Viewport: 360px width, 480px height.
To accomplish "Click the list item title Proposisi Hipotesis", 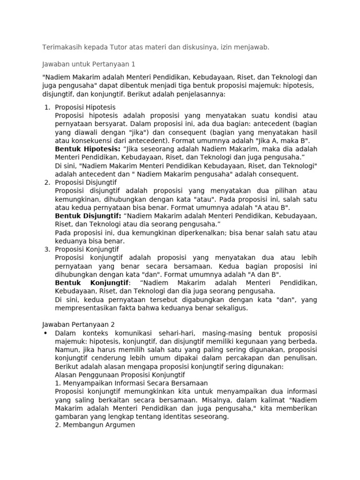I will (85, 107).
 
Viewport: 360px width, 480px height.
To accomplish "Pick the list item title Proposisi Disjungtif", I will (86, 182).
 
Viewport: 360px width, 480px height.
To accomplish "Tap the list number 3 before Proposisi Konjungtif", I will (47, 249).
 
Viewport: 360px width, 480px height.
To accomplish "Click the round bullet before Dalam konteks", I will (45, 333).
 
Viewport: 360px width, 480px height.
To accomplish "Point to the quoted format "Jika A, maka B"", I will (283, 140).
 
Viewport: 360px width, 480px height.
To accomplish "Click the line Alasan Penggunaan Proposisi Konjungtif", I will (120, 375).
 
